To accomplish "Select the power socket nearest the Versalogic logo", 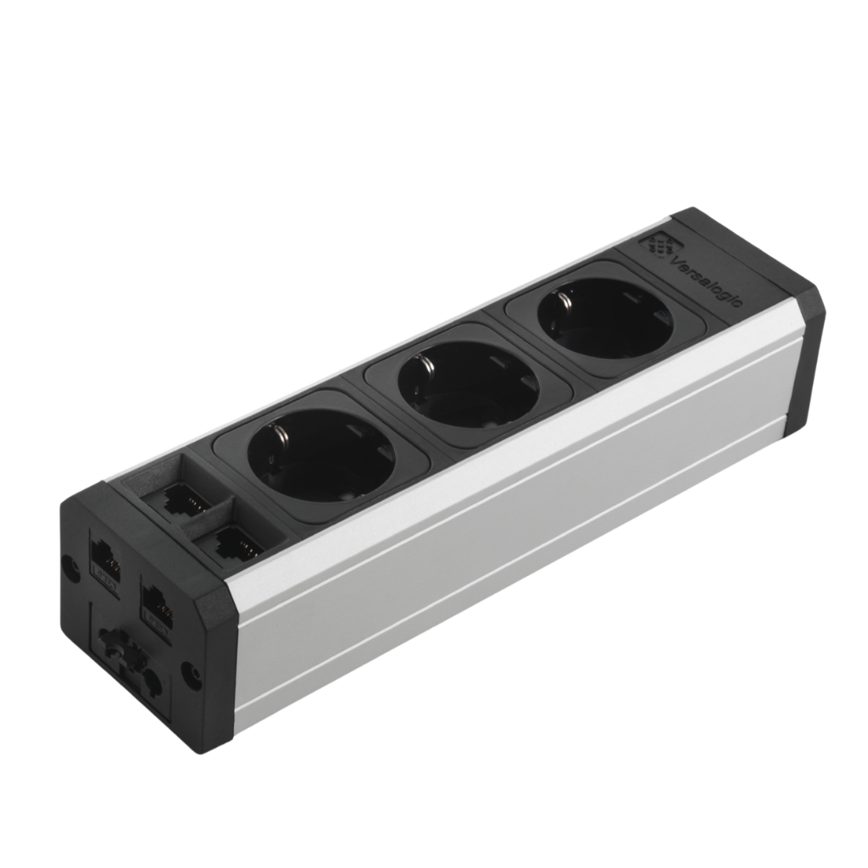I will pos(604,318).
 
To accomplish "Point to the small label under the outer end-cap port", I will pos(103,580).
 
